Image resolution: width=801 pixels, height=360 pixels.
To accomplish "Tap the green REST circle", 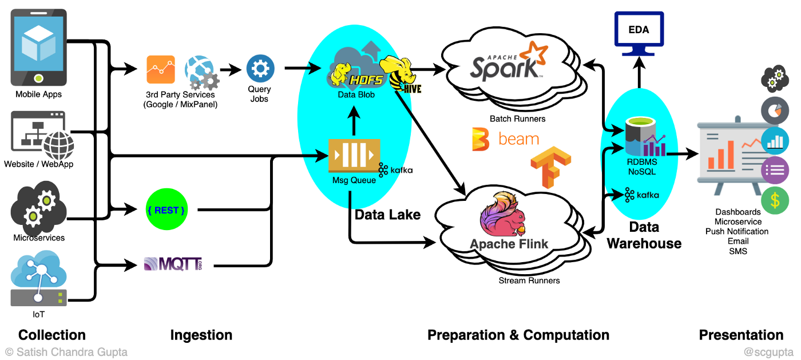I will (166, 211).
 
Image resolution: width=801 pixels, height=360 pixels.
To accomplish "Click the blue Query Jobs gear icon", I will (260, 69).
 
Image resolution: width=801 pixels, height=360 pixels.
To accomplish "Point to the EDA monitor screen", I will (639, 30).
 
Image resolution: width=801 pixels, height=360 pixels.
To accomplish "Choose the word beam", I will (518, 139).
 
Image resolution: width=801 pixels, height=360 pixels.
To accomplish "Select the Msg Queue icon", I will (354, 156).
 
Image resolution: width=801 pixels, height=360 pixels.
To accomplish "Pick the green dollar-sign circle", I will (775, 201).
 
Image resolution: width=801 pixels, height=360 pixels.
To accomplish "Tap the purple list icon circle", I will (775, 170).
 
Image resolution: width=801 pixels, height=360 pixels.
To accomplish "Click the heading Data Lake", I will (388, 215).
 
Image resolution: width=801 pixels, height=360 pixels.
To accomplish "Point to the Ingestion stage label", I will (201, 335).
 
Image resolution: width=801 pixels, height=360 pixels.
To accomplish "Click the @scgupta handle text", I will (769, 351).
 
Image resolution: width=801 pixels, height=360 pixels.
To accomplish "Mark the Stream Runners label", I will (529, 280).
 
